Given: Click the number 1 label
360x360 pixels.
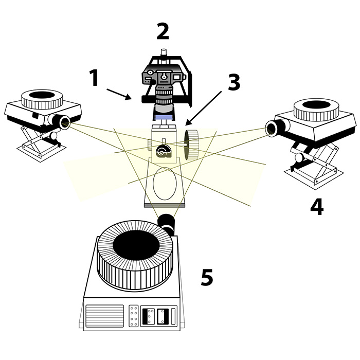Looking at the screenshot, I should pyautogui.click(x=94, y=78).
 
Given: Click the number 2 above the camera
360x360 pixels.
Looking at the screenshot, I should pyautogui.click(x=162, y=32).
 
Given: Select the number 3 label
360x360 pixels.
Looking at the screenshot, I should pyautogui.click(x=234, y=82).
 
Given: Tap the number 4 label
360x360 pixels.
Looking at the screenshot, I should pyautogui.click(x=317, y=206).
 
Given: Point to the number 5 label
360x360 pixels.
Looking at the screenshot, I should pyautogui.click(x=207, y=277).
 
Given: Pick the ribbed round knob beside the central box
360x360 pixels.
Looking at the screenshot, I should pyautogui.click(x=191, y=143).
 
